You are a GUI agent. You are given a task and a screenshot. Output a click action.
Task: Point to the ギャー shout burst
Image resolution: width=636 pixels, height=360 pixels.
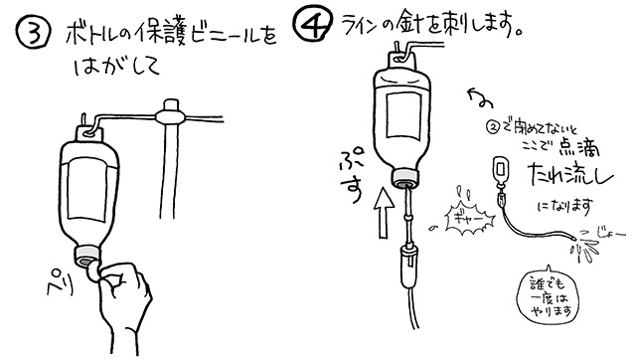point(464,214)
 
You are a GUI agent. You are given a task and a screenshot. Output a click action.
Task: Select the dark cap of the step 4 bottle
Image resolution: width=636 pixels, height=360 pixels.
point(404,178)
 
